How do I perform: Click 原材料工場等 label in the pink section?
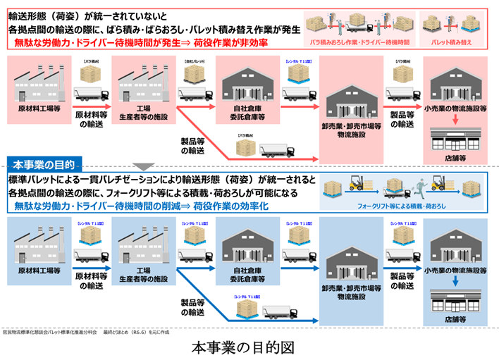point(38,111)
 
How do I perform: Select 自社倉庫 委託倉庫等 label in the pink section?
point(246,114)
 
